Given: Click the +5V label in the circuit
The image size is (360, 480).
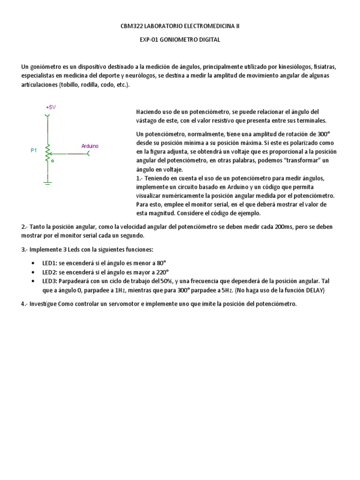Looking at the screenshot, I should tap(51, 107).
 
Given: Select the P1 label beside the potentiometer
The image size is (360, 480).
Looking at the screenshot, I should tap(34, 150).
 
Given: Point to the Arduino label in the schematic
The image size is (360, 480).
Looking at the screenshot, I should tap(90, 146).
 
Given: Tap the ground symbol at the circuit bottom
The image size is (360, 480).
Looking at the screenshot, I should tap(47, 180).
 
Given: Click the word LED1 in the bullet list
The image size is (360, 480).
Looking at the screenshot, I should tap(50, 263).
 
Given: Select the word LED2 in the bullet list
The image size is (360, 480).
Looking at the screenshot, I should tap(50, 272).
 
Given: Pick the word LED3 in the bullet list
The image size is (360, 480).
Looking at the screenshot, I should tap(50, 281).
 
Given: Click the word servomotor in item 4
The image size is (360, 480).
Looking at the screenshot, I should tap(126, 304).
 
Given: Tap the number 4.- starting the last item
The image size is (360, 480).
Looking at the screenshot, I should tap(24, 304).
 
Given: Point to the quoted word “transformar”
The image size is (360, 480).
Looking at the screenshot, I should tap(308, 161).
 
